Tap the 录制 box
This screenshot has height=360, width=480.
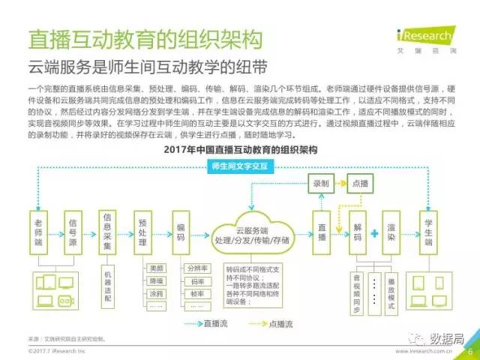pos(321,182)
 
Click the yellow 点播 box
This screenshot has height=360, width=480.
pos(359,182)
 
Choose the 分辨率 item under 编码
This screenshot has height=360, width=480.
pos(196,268)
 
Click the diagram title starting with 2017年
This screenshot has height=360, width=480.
pos(240,149)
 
